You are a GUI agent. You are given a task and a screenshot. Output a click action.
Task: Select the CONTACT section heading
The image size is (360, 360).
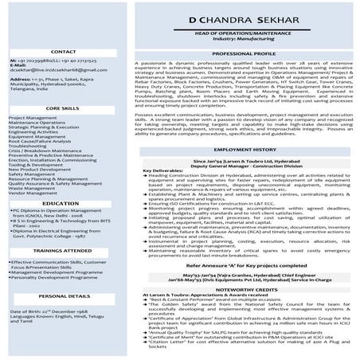pyautogui.click(x=62, y=51)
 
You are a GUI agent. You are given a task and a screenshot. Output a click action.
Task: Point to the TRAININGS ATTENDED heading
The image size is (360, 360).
pyautogui.click(x=62, y=250)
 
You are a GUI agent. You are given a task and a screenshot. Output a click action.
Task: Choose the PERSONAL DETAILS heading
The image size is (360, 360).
pyautogui.click(x=62, y=295)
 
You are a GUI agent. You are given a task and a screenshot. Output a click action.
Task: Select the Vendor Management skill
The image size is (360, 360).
pyautogui.click(x=33, y=192)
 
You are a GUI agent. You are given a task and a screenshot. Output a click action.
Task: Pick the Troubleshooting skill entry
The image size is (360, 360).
pyautogui.click(x=29, y=147)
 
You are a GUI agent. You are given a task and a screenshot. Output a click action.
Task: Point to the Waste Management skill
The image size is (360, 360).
pyautogui.click(x=33, y=186)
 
